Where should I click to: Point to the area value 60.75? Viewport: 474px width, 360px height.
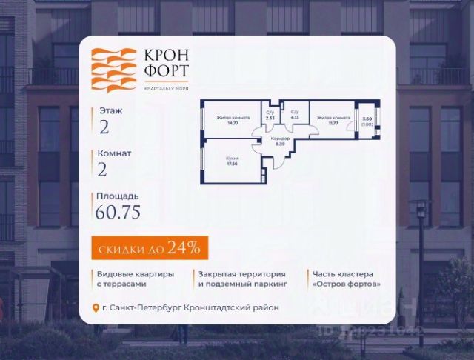(118, 213)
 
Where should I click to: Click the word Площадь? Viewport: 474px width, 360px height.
(116, 196)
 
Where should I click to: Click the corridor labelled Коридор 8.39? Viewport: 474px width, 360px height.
(280, 141)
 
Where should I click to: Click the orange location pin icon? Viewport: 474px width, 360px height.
(96, 307)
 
